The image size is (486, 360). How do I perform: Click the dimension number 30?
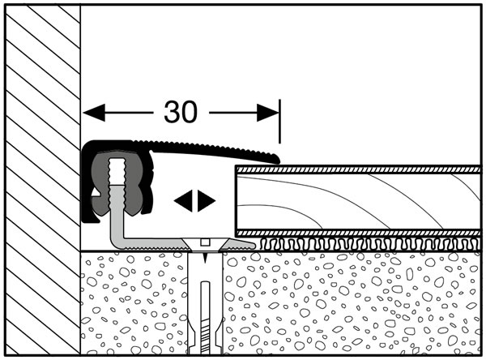[x=181, y=112]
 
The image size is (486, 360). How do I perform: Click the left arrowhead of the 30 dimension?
[x=94, y=113]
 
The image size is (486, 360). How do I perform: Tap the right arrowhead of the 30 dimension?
[x=268, y=113]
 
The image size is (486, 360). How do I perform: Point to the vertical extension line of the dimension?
[x=280, y=122]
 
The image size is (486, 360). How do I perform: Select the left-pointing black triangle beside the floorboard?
[x=184, y=201]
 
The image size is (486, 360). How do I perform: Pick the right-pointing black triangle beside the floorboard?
[x=207, y=201]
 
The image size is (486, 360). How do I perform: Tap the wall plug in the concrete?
[x=205, y=302]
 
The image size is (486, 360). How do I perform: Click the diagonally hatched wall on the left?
[x=43, y=179]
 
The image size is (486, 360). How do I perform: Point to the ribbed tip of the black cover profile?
[x=275, y=159]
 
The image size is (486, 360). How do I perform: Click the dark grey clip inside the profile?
[x=116, y=183]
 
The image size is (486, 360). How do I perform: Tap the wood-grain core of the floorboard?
[x=358, y=202]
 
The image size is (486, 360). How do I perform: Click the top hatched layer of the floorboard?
[x=358, y=169]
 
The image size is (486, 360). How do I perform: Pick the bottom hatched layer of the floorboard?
[x=358, y=234]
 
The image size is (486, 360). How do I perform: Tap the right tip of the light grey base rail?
[x=253, y=245]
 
